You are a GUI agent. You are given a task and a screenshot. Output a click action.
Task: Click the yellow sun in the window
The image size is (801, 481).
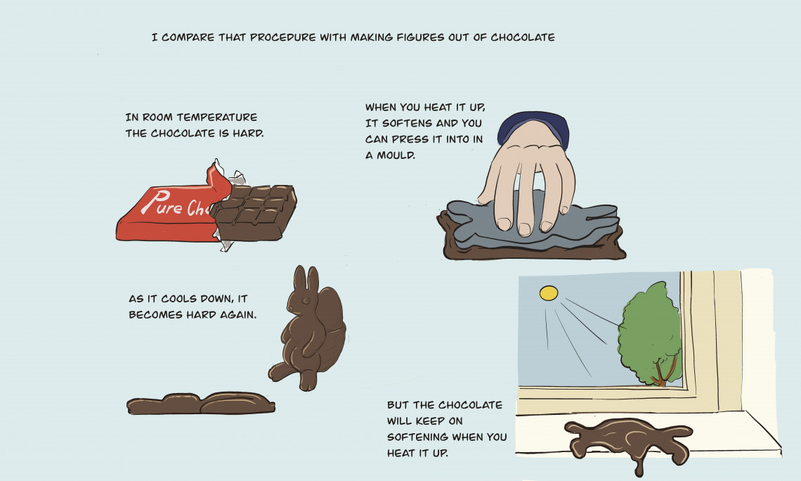[549, 293]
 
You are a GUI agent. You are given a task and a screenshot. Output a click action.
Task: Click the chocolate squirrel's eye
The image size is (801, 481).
[306, 299]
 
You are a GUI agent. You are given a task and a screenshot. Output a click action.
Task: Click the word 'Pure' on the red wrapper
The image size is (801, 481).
[162, 203]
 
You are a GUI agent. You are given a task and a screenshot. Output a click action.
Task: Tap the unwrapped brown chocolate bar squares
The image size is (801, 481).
[254, 212]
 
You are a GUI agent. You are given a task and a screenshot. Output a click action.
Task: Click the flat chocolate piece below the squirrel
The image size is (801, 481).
[201, 404]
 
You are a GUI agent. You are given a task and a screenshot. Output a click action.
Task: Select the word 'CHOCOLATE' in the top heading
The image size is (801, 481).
[523, 37]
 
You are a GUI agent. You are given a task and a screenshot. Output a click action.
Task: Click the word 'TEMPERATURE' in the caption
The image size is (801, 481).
[217, 117]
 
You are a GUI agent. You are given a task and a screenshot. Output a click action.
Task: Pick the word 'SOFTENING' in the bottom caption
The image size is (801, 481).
[417, 437]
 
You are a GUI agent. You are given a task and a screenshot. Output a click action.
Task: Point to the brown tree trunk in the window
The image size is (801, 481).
[663, 372]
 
